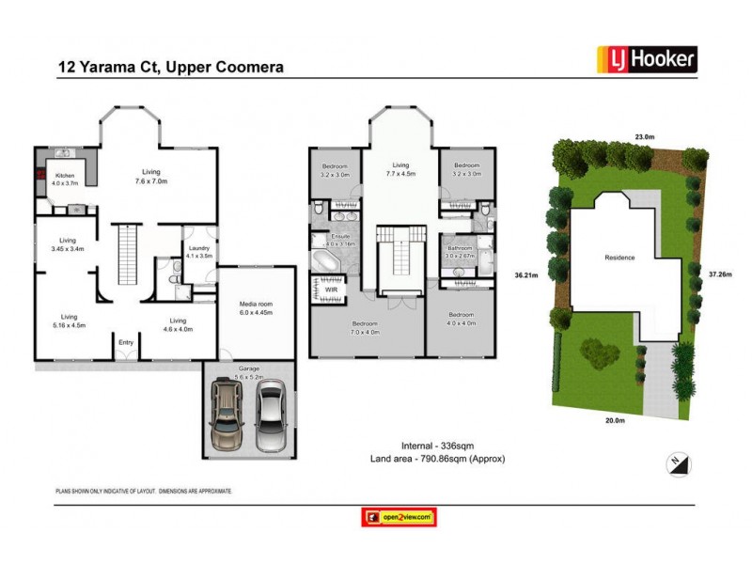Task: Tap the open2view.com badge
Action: [x=399, y=517]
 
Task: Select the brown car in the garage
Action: [x=228, y=415]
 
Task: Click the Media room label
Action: [x=256, y=307]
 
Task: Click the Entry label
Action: [x=126, y=342]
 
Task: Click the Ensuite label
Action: [x=341, y=239]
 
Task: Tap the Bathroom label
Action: [x=460, y=247]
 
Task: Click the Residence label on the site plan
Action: [x=619, y=258]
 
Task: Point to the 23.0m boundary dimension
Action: [x=644, y=136]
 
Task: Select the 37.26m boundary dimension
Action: [x=720, y=275]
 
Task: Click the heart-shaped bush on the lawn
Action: [x=599, y=354]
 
